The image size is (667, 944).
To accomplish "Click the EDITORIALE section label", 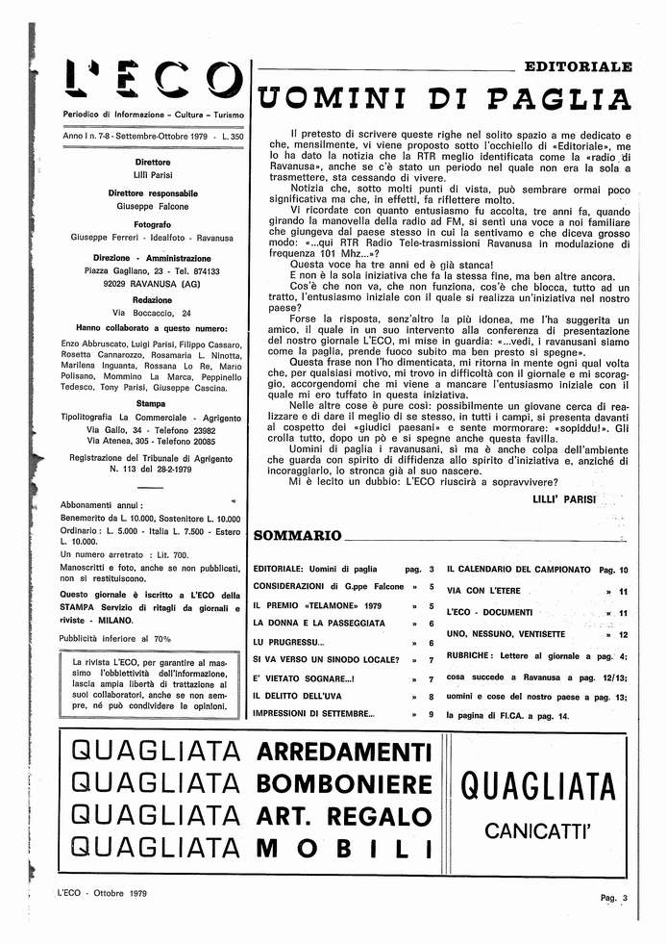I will [578, 67].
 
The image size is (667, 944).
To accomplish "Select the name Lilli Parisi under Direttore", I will [153, 175].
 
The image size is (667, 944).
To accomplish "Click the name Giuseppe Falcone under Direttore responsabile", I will [153, 206].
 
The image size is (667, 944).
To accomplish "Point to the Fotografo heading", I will [153, 223].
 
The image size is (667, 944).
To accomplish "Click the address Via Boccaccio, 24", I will [153, 313].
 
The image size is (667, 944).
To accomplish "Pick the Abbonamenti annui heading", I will [101, 505].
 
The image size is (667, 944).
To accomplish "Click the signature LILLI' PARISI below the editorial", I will [563, 498].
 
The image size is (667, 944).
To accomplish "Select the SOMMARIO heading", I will [296, 535].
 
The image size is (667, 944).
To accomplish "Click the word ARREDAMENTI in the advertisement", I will [345, 751].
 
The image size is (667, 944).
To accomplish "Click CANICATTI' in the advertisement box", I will [537, 829].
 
